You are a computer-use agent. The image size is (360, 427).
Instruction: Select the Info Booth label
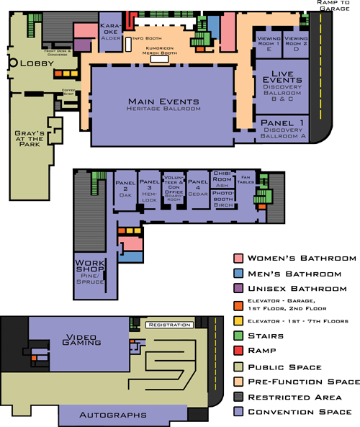tap(147, 37)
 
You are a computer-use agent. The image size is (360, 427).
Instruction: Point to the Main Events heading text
tap(163, 100)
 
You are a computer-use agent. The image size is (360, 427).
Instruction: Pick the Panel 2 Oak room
tap(125, 189)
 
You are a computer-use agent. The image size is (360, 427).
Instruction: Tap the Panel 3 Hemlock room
tap(149, 189)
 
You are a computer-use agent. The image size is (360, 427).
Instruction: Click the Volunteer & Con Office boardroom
tap(174, 189)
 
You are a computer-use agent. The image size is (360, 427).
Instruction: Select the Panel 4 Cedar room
tap(197, 189)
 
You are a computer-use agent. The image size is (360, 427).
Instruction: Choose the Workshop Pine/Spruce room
tap(90, 269)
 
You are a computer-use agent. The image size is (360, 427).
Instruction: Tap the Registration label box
tap(169, 325)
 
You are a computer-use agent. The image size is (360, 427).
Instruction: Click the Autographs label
tap(114, 415)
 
